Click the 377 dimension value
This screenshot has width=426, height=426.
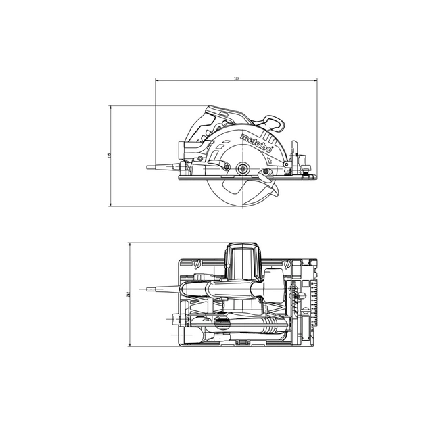237,79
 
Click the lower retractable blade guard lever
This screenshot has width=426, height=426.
268,177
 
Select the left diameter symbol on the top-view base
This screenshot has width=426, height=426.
197,263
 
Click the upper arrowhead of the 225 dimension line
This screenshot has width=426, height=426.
112,107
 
